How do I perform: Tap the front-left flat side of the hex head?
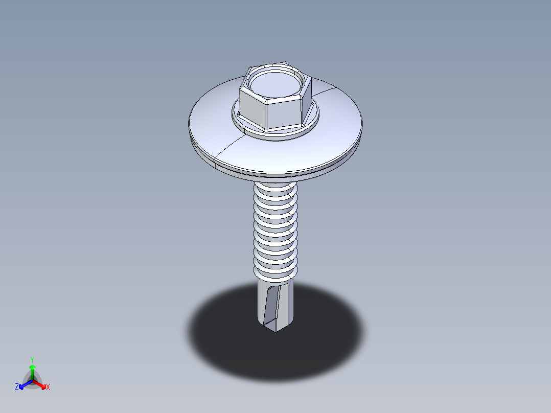click(x=252, y=108)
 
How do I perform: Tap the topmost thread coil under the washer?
click(x=275, y=189)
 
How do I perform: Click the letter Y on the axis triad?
click(x=32, y=359)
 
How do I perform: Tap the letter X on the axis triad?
click(x=48, y=387)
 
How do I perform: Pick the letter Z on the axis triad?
click(x=17, y=387)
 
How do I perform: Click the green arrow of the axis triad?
click(x=32, y=369)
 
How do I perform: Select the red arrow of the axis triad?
click(x=41, y=384)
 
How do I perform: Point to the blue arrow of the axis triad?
click(x=23, y=384)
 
